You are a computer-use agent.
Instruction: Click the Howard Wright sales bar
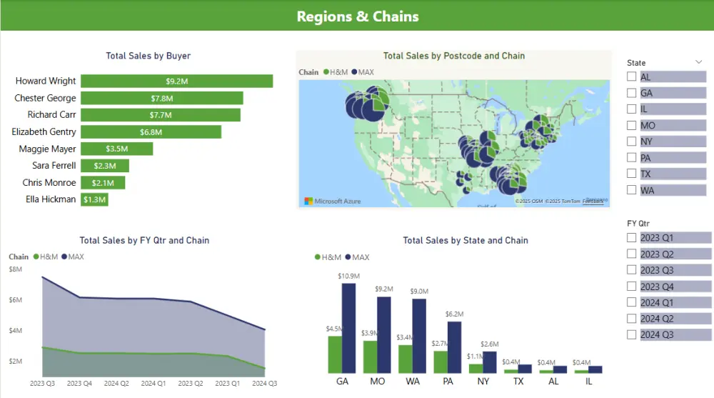click(x=176, y=81)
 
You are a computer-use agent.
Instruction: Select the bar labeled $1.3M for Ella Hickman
click(x=94, y=200)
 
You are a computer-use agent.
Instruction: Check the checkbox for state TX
click(x=631, y=174)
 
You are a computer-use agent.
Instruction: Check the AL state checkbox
click(x=631, y=76)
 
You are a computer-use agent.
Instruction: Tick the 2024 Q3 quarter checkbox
click(x=631, y=334)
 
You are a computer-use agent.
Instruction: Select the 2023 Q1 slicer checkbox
click(x=631, y=237)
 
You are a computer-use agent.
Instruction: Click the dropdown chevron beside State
click(x=698, y=63)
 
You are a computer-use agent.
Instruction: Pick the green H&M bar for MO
click(x=370, y=357)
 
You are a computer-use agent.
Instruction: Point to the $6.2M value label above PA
click(x=454, y=314)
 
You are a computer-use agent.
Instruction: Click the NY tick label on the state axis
click(x=483, y=382)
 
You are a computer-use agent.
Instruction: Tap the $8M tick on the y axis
click(x=16, y=269)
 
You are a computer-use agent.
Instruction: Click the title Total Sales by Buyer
click(x=148, y=56)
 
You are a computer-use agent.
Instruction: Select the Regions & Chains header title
click(x=358, y=16)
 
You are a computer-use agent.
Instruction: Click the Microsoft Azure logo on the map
click(x=332, y=202)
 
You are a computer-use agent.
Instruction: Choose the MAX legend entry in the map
click(x=362, y=72)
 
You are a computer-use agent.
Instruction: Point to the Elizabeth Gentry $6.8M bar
click(x=151, y=132)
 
